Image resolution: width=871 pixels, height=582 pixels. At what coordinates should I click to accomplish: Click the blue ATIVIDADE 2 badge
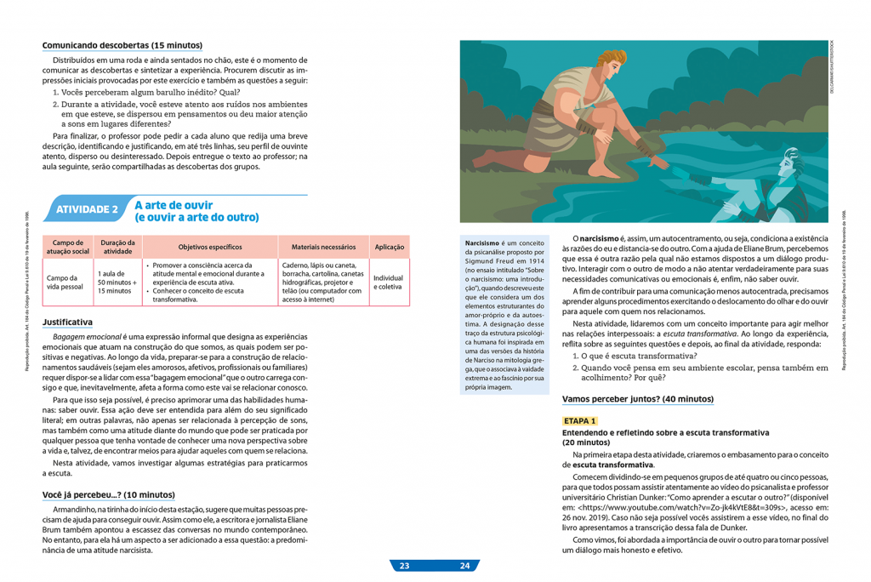(86, 209)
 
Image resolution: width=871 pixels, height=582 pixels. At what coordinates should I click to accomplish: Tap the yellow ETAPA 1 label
(580, 421)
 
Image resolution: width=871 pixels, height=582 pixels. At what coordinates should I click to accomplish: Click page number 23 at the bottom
(404, 566)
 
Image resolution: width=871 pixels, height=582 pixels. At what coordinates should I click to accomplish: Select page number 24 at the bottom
(464, 566)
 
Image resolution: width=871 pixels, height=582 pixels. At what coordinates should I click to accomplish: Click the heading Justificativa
(67, 322)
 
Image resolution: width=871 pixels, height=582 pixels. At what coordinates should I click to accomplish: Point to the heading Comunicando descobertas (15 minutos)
(122, 45)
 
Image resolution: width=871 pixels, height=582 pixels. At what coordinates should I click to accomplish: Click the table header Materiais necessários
(323, 247)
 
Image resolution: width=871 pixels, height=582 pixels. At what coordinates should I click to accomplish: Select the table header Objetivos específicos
(210, 247)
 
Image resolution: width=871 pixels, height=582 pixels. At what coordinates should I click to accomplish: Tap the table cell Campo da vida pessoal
(65, 282)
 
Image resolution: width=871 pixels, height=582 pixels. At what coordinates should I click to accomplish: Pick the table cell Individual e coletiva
(388, 282)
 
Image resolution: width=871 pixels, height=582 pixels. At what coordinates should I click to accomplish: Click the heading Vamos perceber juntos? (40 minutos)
(638, 399)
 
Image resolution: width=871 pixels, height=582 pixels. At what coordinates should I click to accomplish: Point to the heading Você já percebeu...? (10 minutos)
(108, 494)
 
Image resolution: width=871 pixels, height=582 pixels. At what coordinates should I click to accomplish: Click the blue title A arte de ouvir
(174, 205)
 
